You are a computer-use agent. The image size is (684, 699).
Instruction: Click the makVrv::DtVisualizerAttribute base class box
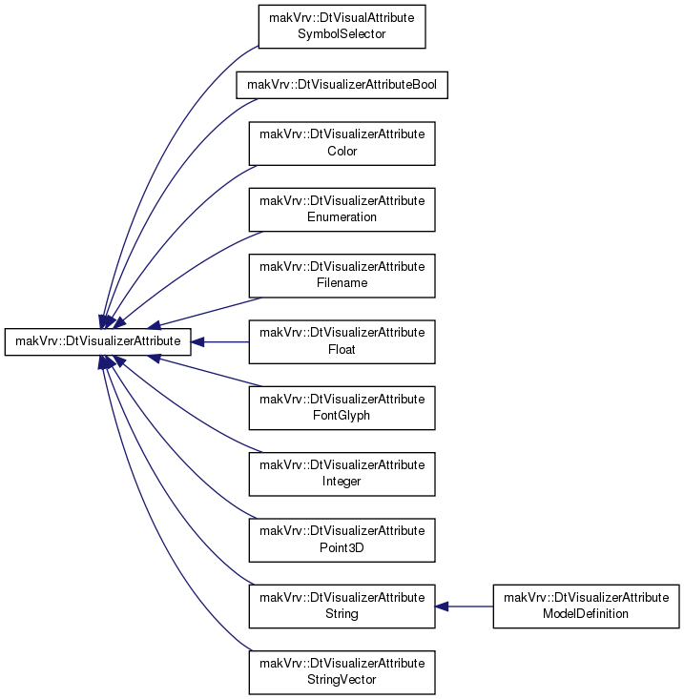pos(97,342)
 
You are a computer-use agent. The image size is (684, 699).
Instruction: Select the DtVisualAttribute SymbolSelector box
pos(342,27)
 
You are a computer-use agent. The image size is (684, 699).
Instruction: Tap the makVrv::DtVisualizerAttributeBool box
pos(342,85)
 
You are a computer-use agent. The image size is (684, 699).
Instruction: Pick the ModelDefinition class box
pos(586,606)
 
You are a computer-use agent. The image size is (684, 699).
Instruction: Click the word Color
pos(342,151)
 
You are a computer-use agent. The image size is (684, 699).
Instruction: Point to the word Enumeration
pos(342,217)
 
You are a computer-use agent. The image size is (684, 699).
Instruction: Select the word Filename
pos(342,283)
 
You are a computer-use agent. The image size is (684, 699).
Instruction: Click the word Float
pos(342,349)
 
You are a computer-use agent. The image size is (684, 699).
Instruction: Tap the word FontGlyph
pos(342,416)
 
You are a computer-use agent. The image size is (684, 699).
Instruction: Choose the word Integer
pos(342,482)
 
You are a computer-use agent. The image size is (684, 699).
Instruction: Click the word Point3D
pos(342,547)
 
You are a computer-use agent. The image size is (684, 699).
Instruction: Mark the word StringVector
pos(342,680)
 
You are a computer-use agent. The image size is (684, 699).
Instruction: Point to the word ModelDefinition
pos(586,614)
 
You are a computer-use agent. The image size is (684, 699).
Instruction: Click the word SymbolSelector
pos(342,34)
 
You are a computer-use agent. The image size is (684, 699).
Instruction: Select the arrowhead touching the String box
pos(442,606)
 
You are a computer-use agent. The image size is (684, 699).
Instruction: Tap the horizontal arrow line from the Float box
pos(219,342)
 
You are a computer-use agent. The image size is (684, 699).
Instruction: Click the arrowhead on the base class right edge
pos(197,342)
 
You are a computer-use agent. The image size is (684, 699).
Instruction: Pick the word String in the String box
pos(342,614)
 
